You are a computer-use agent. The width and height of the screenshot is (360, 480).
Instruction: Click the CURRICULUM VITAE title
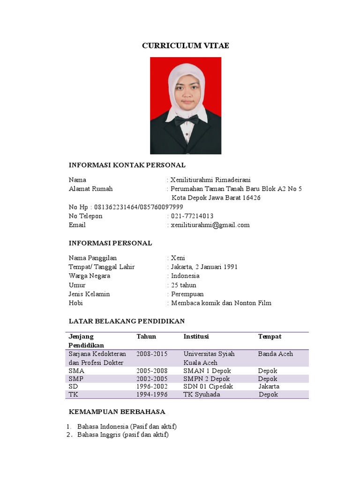[x=186, y=45]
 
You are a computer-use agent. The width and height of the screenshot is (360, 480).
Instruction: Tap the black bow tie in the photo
[x=186, y=120]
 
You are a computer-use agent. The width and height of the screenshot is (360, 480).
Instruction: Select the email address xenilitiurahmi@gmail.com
[x=210, y=225]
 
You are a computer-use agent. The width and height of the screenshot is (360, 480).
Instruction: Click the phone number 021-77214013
[x=192, y=216]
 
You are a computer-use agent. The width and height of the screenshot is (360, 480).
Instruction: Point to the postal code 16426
[x=251, y=198]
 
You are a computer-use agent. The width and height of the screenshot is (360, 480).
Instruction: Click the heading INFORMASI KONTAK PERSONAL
[x=127, y=165]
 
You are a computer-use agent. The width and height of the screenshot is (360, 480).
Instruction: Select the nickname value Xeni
[x=178, y=258]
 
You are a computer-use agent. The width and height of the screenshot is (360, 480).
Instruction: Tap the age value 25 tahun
[x=184, y=285]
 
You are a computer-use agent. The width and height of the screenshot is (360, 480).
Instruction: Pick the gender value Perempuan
[x=187, y=294]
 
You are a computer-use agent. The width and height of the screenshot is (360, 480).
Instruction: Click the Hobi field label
[x=76, y=303]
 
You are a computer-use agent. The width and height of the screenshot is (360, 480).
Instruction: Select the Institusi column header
[x=196, y=337]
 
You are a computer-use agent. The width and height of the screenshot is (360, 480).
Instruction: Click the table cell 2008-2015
[x=152, y=354]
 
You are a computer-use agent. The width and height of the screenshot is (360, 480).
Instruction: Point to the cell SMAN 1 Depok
[x=207, y=371]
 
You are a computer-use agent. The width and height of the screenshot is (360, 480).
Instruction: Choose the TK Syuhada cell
[x=202, y=395]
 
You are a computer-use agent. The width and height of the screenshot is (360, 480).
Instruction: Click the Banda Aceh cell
[x=276, y=354]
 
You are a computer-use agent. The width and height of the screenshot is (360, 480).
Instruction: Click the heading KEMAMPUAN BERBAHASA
[x=117, y=412]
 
